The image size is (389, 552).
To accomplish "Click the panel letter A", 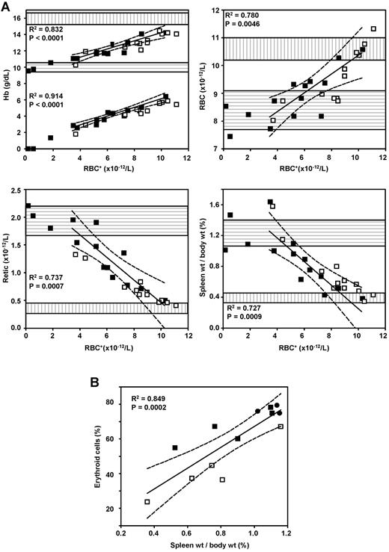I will pyautogui.click(x=7, y=6).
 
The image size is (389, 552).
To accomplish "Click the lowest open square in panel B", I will pyautogui.click(x=147, y=502).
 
